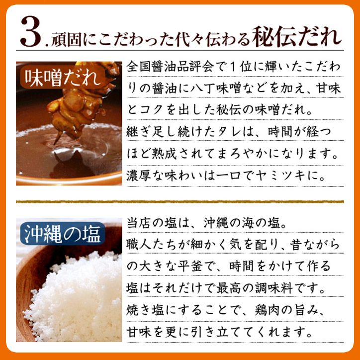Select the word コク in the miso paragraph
click(155, 111)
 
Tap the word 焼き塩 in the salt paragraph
click(147, 309)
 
